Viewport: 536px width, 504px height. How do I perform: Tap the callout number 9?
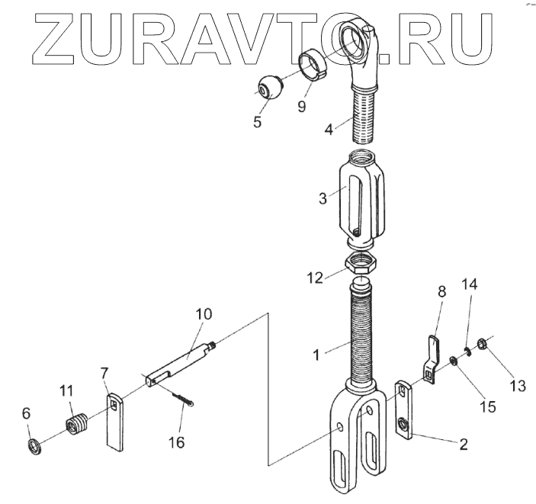click(301, 107)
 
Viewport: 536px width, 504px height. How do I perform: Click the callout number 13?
click(518, 386)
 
